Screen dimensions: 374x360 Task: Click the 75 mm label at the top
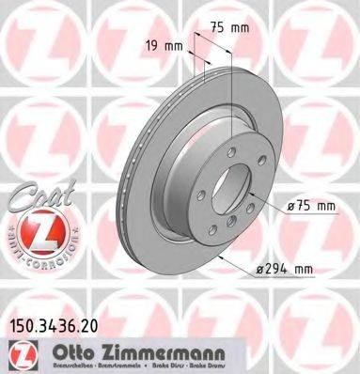(x=235, y=28)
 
